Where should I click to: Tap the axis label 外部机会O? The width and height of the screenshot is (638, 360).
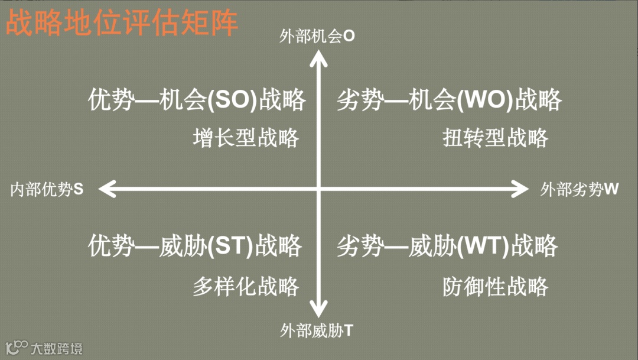coord(317,37)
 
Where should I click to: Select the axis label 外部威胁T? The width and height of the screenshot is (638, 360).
coord(317,330)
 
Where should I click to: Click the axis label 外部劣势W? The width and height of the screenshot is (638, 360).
coord(580,189)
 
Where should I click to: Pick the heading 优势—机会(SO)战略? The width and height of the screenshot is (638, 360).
coord(197,100)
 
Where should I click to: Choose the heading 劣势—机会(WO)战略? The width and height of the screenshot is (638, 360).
coord(449,100)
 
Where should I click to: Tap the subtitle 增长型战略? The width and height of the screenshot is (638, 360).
coord(246,138)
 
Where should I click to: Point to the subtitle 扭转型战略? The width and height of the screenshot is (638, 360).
coord(496,138)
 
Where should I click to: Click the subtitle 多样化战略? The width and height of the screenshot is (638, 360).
coord(246,287)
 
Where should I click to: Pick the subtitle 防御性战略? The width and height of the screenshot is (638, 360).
coord(496,287)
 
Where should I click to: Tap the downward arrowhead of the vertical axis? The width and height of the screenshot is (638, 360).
coord(319,310)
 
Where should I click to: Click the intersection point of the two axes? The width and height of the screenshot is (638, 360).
coord(319,189)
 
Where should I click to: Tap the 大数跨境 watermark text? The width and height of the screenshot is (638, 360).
coord(57,348)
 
